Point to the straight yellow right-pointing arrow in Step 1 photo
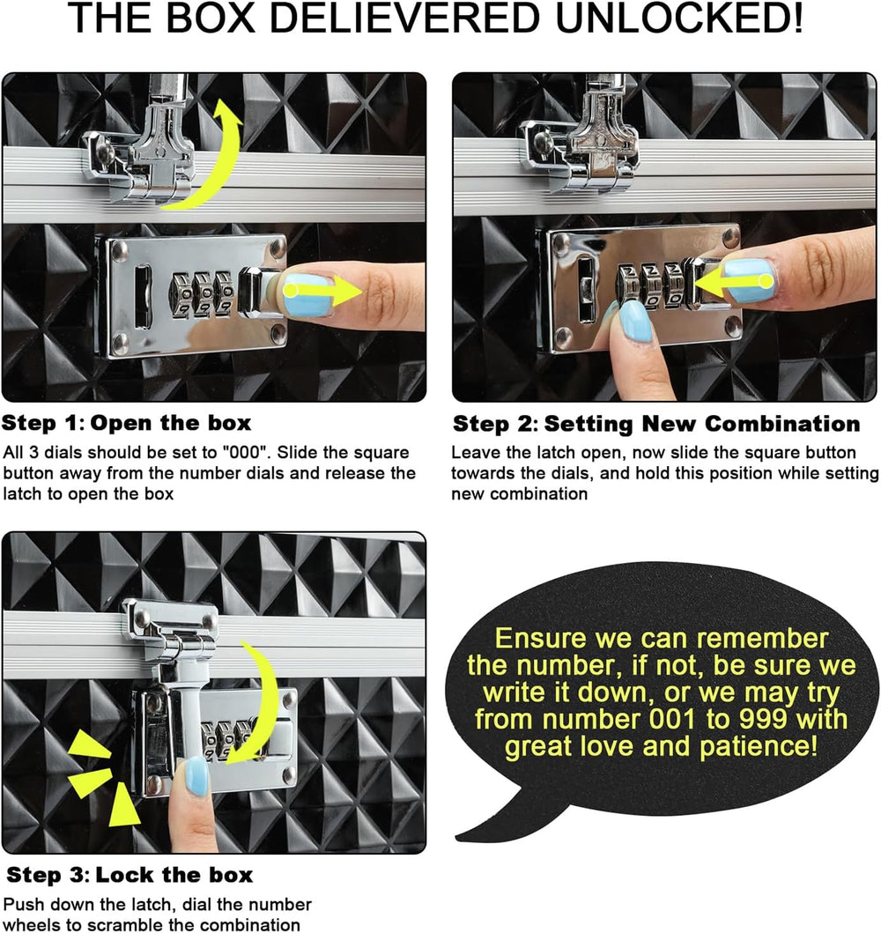click(x=322, y=291)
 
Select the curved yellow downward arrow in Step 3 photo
click(x=262, y=702)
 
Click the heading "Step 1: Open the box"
click(x=126, y=423)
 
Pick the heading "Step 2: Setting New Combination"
click(x=656, y=424)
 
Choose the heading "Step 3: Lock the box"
click(x=130, y=875)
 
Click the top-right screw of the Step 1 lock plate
click(x=277, y=248)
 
